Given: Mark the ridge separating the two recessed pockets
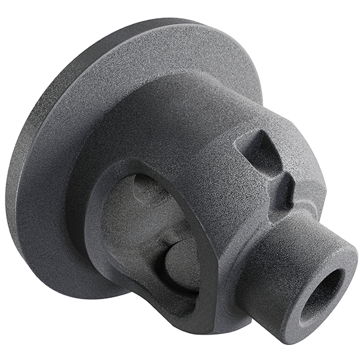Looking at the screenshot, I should (276, 171).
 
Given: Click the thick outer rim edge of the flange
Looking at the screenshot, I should (33, 118).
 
